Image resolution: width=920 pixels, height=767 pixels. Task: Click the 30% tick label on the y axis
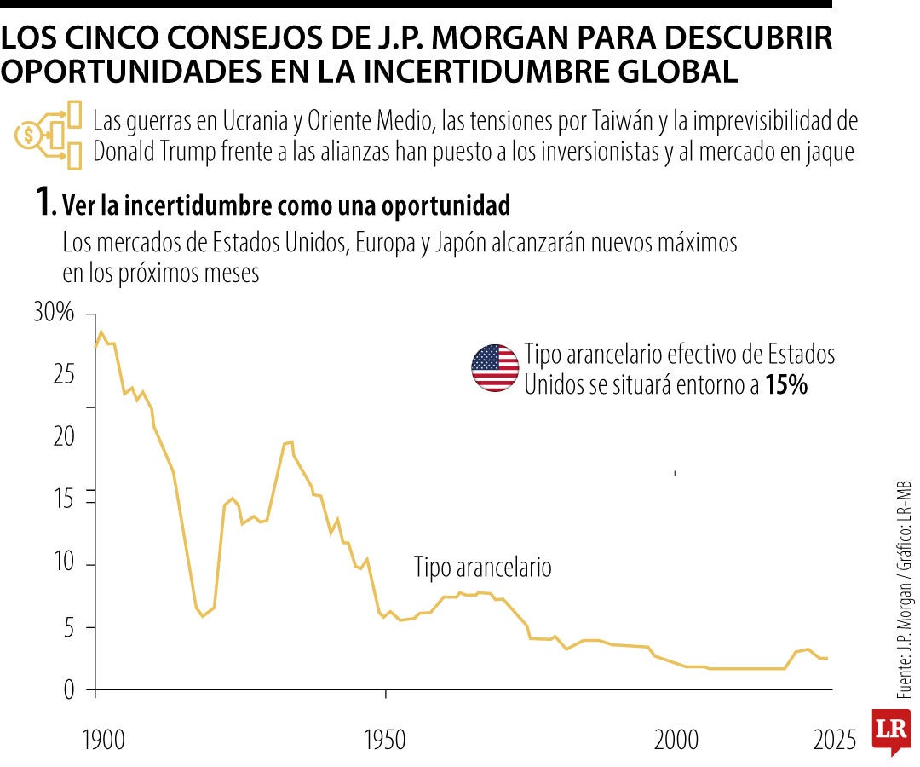(x=55, y=313)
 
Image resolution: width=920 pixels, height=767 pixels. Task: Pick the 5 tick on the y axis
(x=71, y=627)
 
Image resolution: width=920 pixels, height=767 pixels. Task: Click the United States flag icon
(x=495, y=368)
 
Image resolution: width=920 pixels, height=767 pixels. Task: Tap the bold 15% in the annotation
(x=785, y=385)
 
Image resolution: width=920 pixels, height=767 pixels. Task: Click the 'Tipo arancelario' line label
(x=483, y=568)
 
